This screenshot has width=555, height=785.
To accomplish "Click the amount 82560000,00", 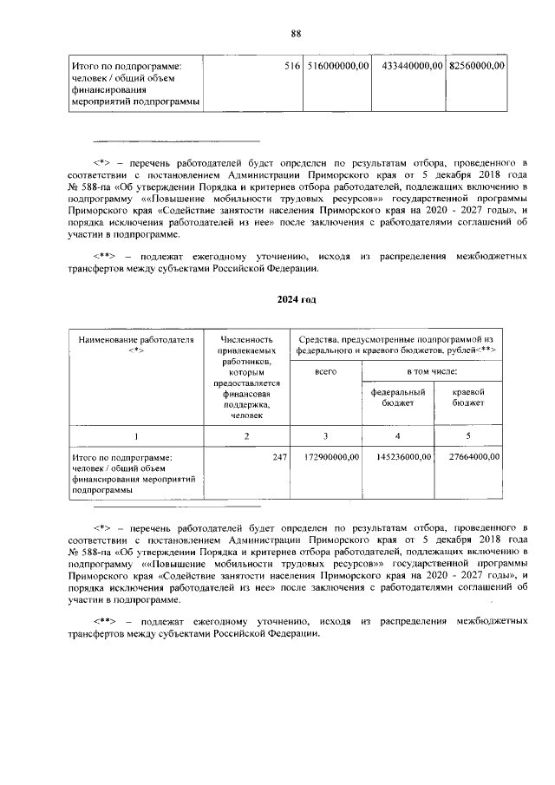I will [478, 66].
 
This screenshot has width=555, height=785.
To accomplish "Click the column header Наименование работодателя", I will [135, 345].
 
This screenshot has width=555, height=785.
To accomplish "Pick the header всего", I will [325, 370].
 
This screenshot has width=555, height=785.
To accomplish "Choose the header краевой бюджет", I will [468, 397].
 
